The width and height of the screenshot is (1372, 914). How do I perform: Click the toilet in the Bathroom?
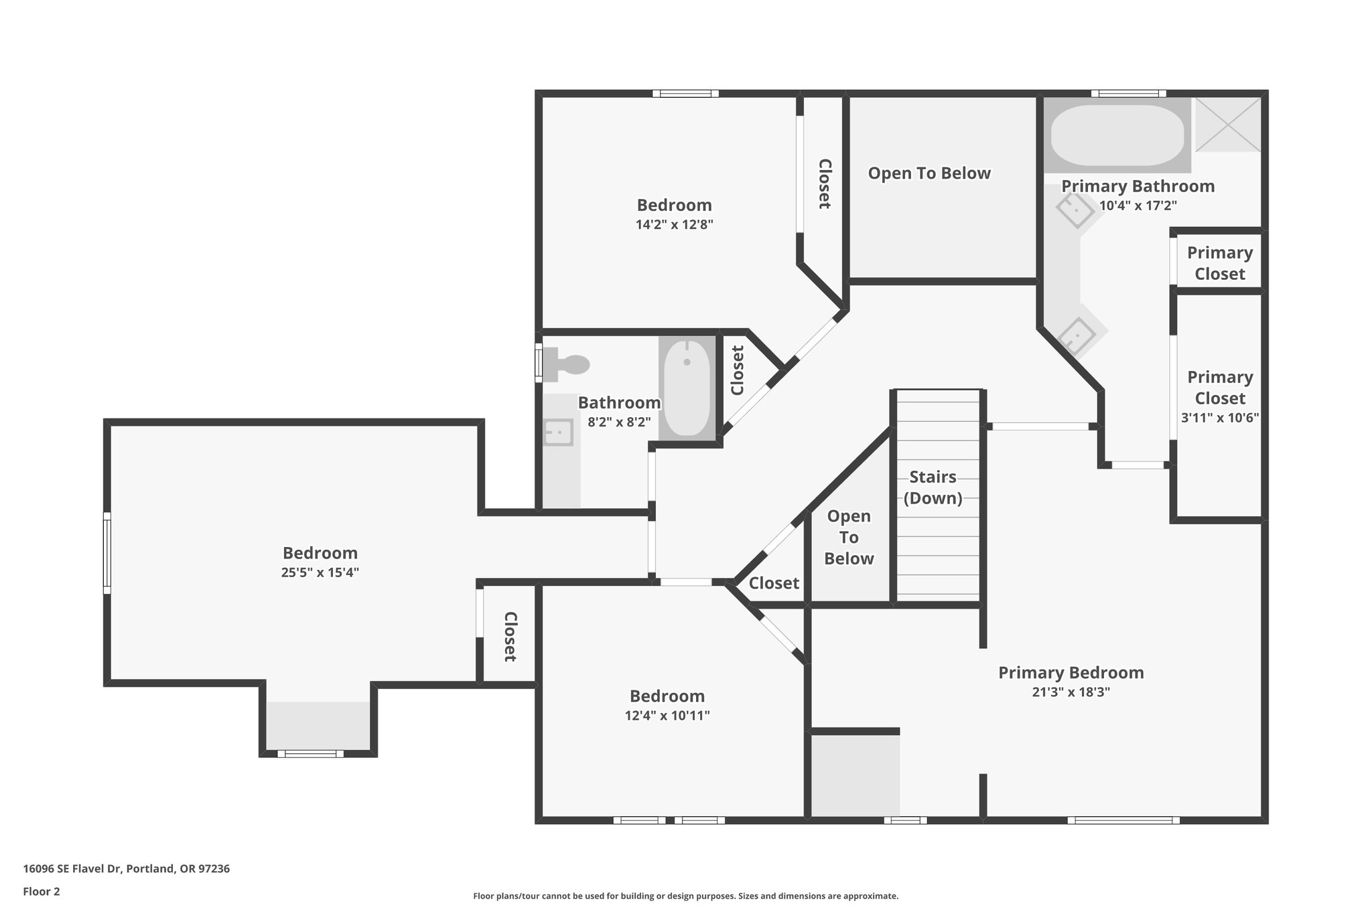pyautogui.click(x=568, y=364)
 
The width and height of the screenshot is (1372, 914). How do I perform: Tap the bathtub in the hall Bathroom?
pyautogui.click(x=686, y=388)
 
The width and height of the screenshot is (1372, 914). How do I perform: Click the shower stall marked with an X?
pyautogui.click(x=1227, y=125)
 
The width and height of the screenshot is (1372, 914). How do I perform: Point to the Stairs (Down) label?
pyautogui.click(x=933, y=487)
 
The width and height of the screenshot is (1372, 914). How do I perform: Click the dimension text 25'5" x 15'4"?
pyautogui.click(x=320, y=573)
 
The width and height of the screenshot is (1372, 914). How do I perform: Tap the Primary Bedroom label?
pyautogui.click(x=1071, y=672)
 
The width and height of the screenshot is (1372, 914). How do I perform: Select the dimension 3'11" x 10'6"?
pyautogui.click(x=1219, y=417)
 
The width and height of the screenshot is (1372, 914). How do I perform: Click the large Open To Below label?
pyautogui.click(x=929, y=173)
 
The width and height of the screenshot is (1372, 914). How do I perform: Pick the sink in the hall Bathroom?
pyautogui.click(x=557, y=432)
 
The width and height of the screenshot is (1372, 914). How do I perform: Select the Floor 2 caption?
pyautogui.click(x=42, y=891)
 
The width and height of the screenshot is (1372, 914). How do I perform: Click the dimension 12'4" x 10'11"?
pyautogui.click(x=667, y=715)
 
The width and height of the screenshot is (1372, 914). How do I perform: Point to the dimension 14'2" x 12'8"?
pyautogui.click(x=674, y=224)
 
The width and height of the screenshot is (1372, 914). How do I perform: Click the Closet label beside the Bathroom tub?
pyautogui.click(x=737, y=370)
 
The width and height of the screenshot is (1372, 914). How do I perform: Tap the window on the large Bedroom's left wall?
pyautogui.click(x=107, y=552)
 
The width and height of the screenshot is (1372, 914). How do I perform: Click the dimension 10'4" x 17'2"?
pyautogui.click(x=1138, y=206)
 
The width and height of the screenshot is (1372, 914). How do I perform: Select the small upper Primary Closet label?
pyautogui.click(x=1219, y=263)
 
